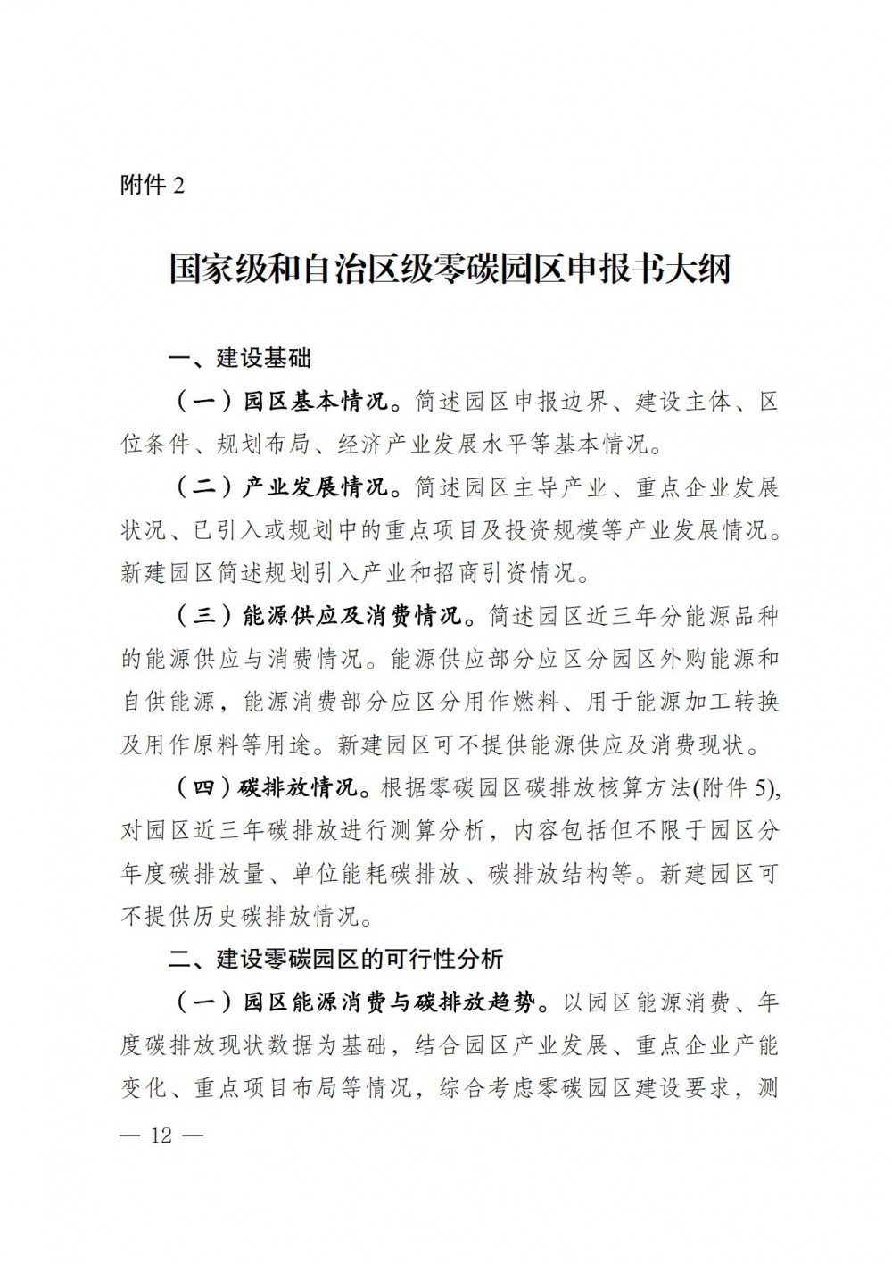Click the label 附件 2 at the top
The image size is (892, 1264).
pos(152,187)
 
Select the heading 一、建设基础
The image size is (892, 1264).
pos(240,359)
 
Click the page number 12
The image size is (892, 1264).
pos(161,1137)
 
